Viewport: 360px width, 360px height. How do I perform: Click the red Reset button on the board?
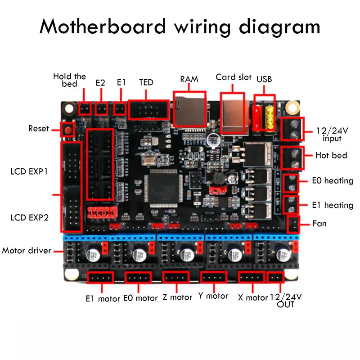tap(68, 130)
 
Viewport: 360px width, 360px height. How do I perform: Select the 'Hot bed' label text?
tap(331, 156)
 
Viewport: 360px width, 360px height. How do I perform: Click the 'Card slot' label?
tap(233, 77)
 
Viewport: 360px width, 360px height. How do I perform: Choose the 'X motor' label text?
tap(252, 297)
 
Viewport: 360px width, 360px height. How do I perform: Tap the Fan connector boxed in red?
tap(293, 224)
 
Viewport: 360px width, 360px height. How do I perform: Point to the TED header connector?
tap(148, 109)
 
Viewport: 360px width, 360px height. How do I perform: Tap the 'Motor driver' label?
tap(27, 250)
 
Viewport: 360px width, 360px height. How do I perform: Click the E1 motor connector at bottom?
tap(100, 279)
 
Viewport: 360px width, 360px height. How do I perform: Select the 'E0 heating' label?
tap(332, 181)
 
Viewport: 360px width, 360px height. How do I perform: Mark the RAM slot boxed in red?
tap(189, 109)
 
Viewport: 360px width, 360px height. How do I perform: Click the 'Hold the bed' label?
tap(69, 80)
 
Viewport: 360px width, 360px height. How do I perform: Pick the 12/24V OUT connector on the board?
tap(275, 278)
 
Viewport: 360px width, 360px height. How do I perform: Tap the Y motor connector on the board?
tap(214, 278)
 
